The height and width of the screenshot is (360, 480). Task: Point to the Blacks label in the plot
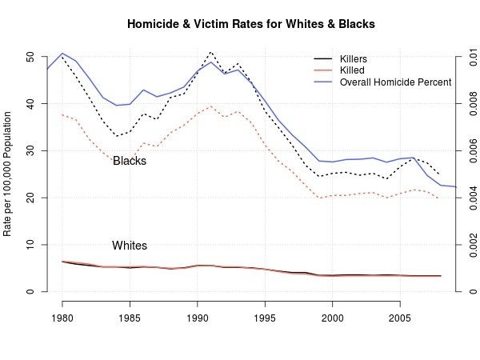(130, 161)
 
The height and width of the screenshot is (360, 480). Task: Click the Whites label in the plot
(130, 246)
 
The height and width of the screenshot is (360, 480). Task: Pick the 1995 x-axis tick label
(265, 318)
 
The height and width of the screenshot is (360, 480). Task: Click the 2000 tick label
(332, 318)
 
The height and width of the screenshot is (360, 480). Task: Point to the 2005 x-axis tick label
(399, 318)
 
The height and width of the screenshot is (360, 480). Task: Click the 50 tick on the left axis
(30, 57)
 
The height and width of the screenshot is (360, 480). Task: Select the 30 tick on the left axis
(30, 150)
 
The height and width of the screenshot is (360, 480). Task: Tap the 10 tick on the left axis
(30, 244)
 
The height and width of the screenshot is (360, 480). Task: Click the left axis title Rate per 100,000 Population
(9, 174)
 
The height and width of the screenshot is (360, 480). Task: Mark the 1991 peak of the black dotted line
(210, 52)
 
